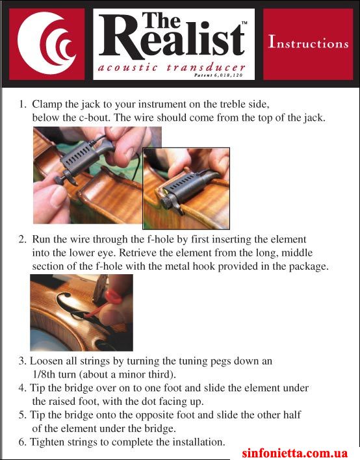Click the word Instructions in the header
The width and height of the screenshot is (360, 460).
[309, 42]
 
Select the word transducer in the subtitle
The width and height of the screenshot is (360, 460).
[206, 68]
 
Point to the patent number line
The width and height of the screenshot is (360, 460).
[218, 75]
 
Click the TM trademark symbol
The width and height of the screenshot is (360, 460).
[244, 23]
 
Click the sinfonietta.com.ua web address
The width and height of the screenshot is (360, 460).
[295, 453]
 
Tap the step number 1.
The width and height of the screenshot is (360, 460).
[23, 104]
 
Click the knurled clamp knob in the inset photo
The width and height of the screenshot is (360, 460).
[167, 203]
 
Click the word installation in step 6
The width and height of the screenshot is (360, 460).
[199, 442]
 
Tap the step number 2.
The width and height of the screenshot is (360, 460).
[23, 239]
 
